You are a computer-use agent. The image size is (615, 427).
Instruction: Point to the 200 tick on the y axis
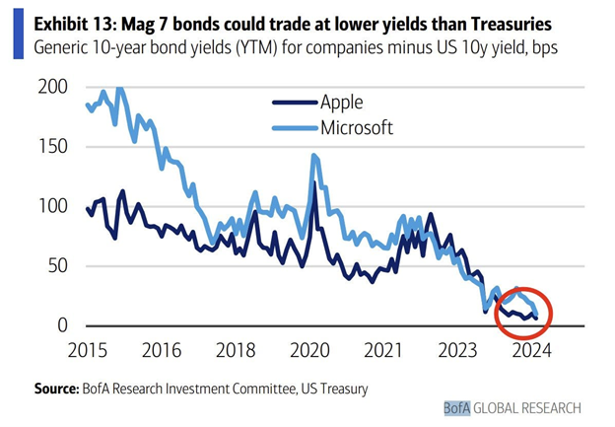pos(53,87)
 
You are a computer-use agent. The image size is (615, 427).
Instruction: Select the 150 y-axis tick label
pos(53,147)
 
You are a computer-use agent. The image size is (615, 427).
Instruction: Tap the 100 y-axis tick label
pos(53,206)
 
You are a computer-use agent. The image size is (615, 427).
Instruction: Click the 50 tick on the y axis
pos(58,266)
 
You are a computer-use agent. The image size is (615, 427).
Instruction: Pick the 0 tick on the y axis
pos(62,325)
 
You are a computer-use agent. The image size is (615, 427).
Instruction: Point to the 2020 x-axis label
pos(312,350)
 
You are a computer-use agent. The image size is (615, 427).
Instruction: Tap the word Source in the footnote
pos(57,389)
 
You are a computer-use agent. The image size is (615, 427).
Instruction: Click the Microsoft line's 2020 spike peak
pos(313,156)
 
